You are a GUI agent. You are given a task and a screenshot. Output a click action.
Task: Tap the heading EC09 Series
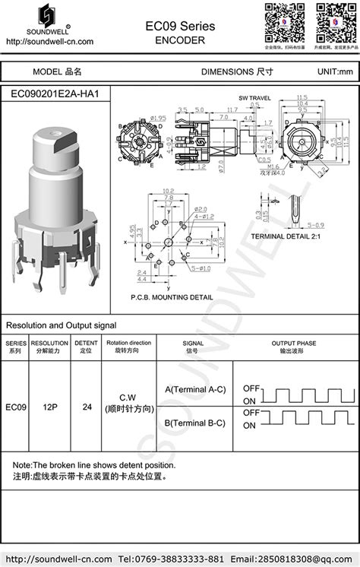point(180,26)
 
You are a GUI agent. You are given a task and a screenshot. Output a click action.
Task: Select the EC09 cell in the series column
point(17,407)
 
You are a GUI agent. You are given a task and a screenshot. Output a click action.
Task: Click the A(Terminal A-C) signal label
point(195,390)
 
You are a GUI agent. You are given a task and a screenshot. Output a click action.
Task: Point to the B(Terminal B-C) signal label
point(195,423)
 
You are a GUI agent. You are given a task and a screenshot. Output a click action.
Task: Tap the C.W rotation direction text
point(128,398)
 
